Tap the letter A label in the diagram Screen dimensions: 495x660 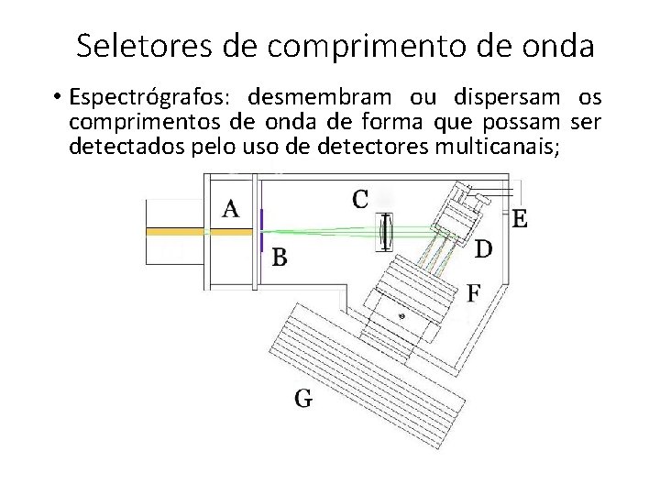tap(232, 209)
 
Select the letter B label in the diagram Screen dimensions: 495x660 tap(279, 258)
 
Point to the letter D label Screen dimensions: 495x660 tap(484, 247)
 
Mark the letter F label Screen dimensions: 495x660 tap(473, 293)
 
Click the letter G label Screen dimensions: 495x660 tap(303, 397)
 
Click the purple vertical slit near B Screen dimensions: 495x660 tap(261, 231)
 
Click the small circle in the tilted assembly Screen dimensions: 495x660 tap(400, 313)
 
